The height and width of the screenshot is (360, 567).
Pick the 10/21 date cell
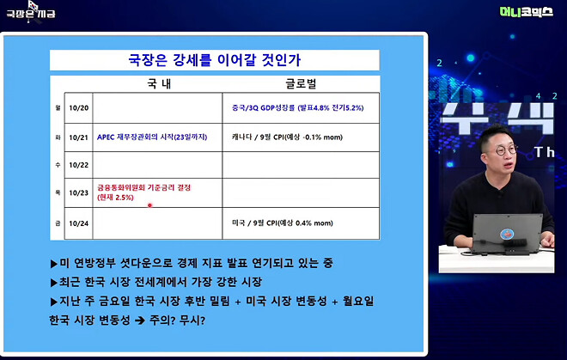[79, 137]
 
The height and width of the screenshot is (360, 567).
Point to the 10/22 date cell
[79, 164]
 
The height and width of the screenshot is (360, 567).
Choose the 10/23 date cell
[79, 192]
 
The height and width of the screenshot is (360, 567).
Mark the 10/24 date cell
[79, 222]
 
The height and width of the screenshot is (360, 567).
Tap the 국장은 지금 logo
[30, 13]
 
